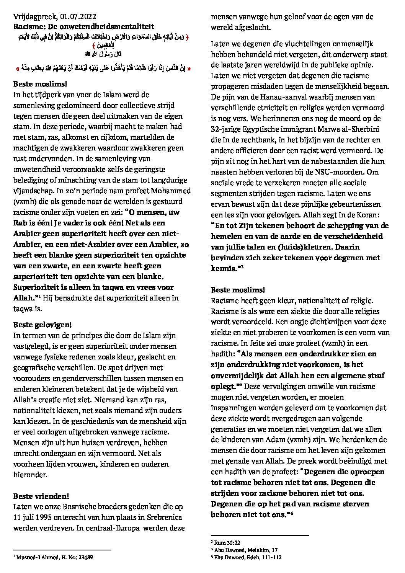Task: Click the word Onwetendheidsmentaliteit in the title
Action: (111, 27)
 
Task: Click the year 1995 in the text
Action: (51, 517)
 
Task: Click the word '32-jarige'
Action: (226, 129)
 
